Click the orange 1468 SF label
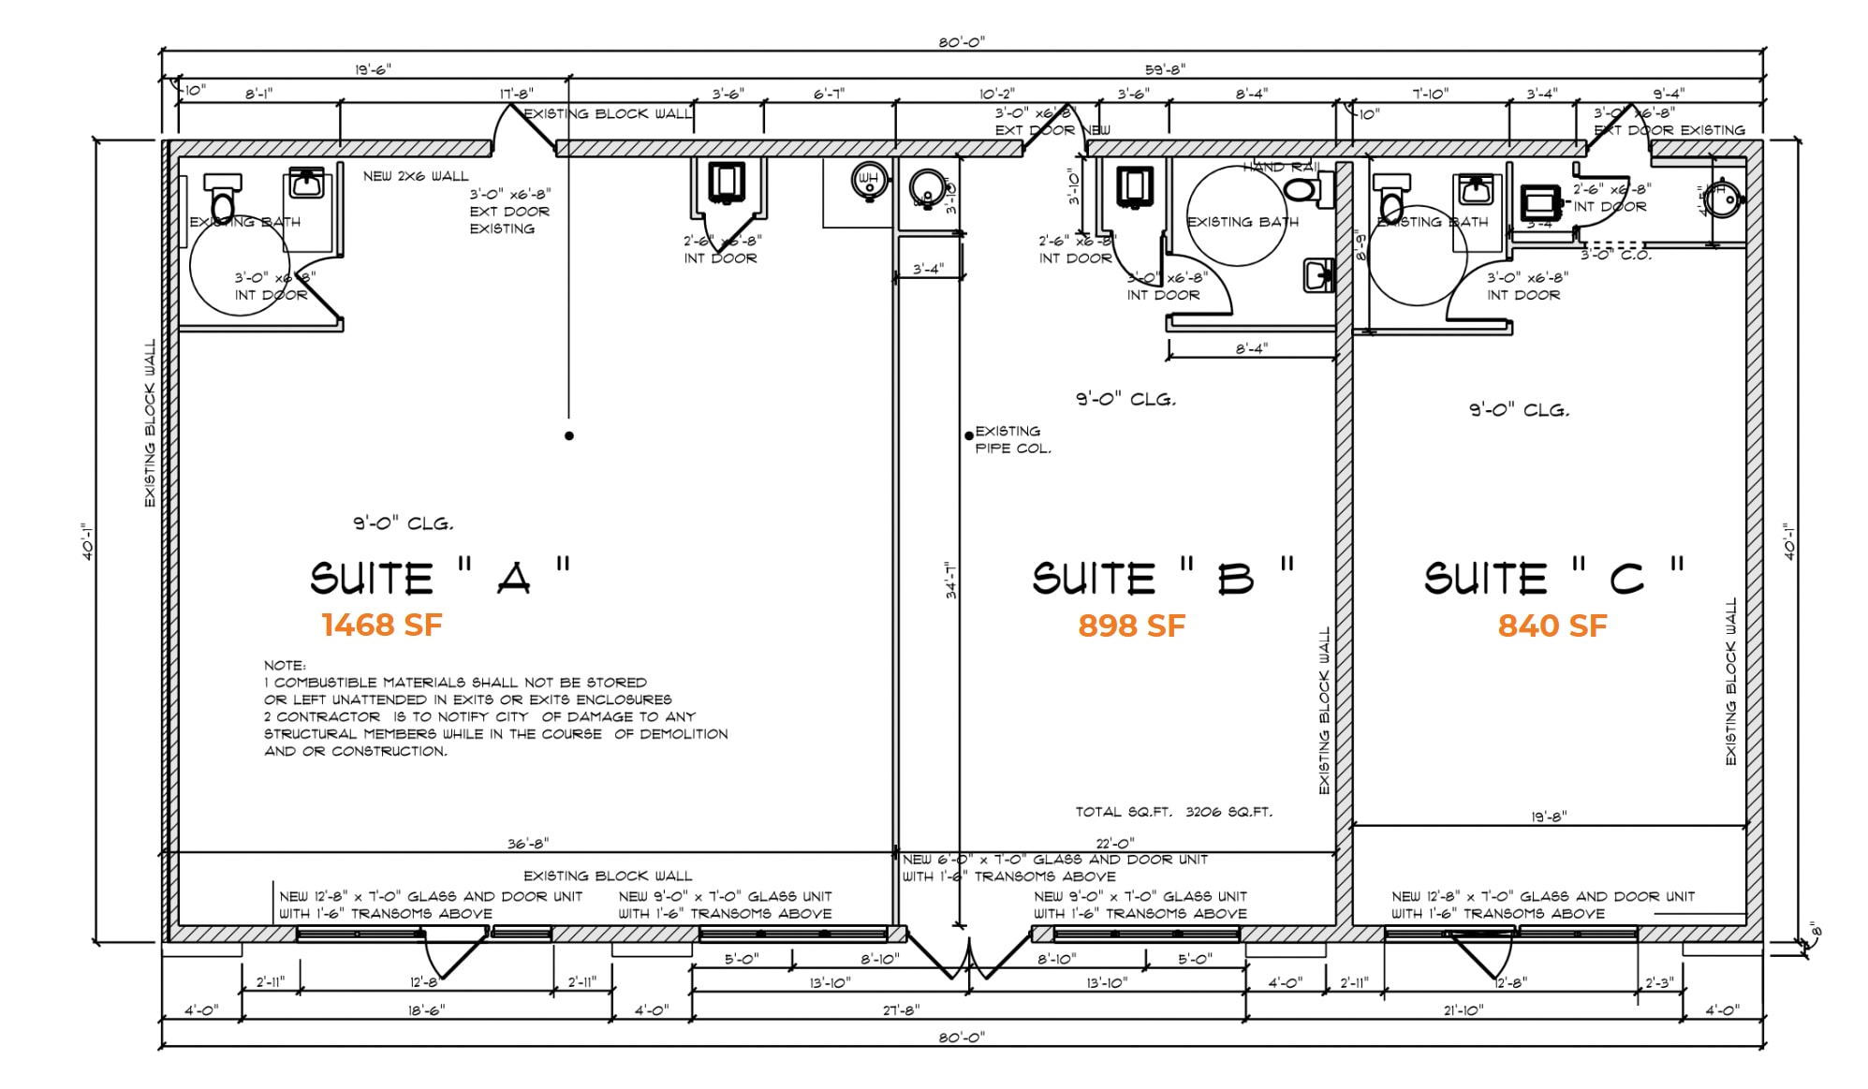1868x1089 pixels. click(381, 625)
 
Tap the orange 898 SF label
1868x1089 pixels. click(1131, 625)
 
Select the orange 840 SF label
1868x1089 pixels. click(1552, 625)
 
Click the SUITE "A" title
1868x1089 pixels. click(439, 578)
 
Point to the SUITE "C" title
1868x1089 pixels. click(1552, 578)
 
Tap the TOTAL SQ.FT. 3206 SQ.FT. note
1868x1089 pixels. click(1173, 812)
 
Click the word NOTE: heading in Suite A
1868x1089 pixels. click(284, 666)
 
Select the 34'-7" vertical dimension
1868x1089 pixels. click(950, 580)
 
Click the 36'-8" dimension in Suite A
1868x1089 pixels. click(528, 844)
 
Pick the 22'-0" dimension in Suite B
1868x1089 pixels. click(1114, 844)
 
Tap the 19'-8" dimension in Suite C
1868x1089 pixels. click(1549, 817)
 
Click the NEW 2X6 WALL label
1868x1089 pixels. click(416, 176)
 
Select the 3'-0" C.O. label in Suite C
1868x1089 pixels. click(1616, 255)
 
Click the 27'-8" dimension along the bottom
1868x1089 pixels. click(901, 1009)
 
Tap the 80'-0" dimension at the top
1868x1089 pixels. click(962, 42)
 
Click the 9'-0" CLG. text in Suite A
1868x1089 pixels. click(403, 523)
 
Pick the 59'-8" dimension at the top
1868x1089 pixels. click(1165, 69)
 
